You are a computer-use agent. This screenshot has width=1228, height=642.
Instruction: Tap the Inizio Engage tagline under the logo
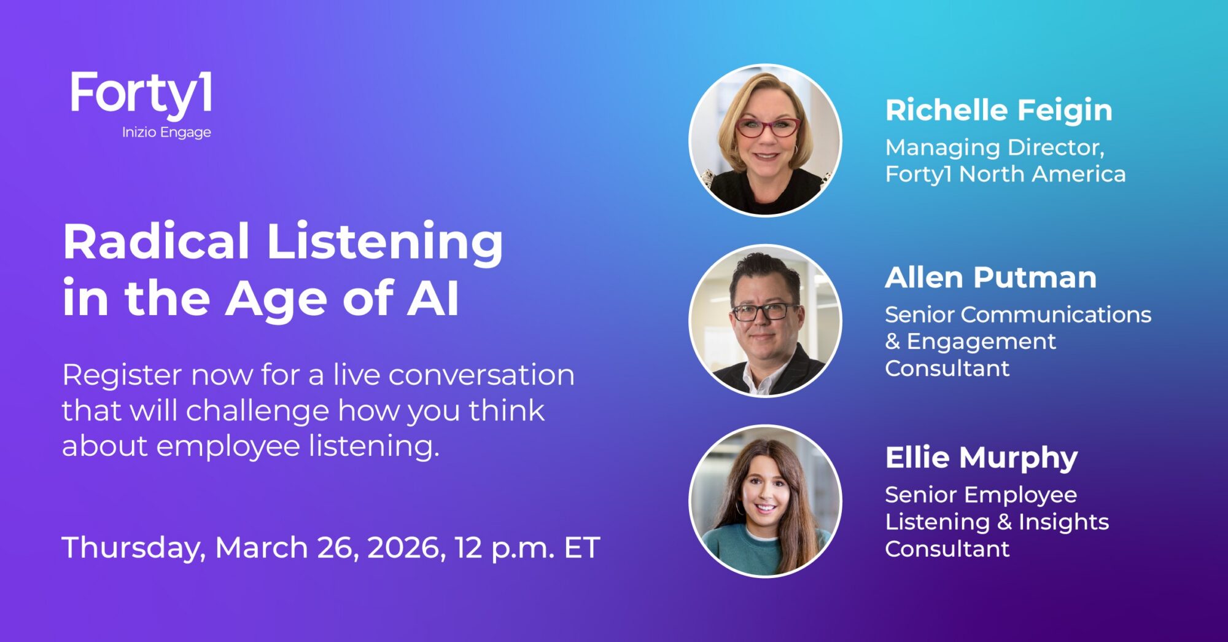(x=166, y=133)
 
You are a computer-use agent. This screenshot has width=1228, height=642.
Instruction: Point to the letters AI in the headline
(x=433, y=299)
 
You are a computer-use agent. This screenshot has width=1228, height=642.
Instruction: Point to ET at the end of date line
(x=581, y=548)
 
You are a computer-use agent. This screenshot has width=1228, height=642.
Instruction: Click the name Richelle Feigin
(x=998, y=111)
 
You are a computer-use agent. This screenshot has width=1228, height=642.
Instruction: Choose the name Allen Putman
(x=990, y=278)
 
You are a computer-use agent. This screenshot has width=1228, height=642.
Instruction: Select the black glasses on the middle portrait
(x=764, y=312)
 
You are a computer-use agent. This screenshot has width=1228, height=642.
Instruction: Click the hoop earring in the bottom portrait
(x=739, y=508)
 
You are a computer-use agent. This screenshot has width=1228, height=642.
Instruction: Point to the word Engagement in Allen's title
(x=981, y=342)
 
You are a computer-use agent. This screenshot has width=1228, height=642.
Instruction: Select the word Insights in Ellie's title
(x=1063, y=523)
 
